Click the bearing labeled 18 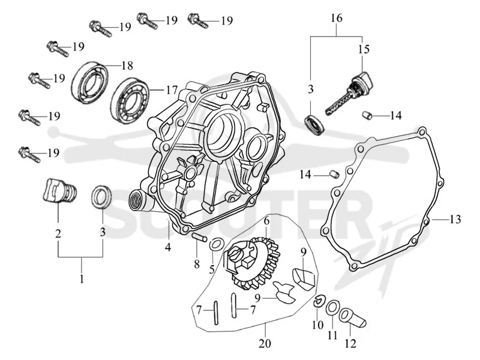click(x=89, y=82)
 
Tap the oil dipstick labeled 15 click(x=349, y=94)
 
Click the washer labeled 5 click(x=216, y=245)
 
